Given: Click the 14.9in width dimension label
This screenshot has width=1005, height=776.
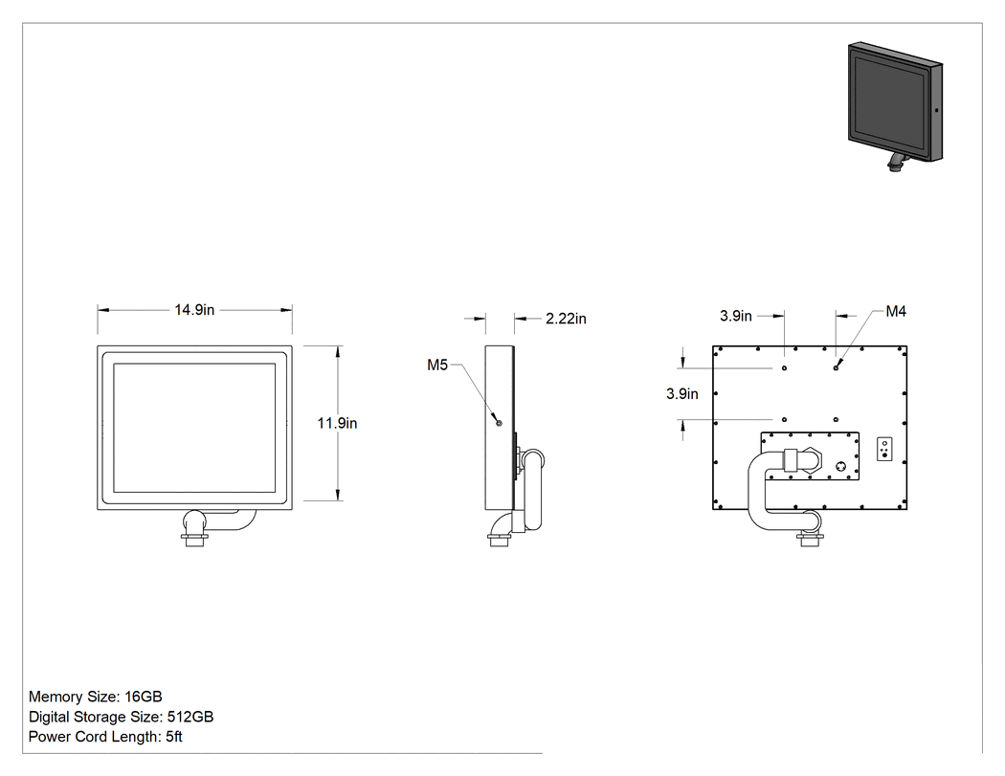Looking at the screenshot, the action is point(194,310).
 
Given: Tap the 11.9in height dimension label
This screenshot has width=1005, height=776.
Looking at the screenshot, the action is point(337,424).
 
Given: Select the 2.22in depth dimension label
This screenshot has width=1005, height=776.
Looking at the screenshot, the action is point(566,319).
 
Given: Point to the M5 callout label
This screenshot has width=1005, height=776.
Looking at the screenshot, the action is point(437,366).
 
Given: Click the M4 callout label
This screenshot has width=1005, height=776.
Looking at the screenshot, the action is point(896,311).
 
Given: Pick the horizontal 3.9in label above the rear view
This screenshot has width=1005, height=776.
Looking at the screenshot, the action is point(736,316).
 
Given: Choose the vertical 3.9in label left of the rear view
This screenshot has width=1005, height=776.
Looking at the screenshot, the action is point(681,394).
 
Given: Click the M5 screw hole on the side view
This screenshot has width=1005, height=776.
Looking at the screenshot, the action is point(500,423).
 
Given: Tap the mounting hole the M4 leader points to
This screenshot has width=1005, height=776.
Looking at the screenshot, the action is point(836,367).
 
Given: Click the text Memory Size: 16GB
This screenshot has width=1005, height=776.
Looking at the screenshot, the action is point(96,697).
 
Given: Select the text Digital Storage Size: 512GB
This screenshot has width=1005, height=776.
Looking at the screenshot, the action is point(122,717).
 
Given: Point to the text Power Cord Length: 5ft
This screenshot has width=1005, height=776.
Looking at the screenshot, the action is point(105,737).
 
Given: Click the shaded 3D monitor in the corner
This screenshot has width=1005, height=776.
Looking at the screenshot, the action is point(895,105).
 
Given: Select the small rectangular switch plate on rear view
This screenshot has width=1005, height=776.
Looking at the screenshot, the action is point(884,449).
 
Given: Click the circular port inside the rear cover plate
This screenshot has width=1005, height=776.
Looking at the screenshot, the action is point(841,467).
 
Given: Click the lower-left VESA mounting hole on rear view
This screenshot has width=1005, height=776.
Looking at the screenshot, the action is point(785,420).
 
